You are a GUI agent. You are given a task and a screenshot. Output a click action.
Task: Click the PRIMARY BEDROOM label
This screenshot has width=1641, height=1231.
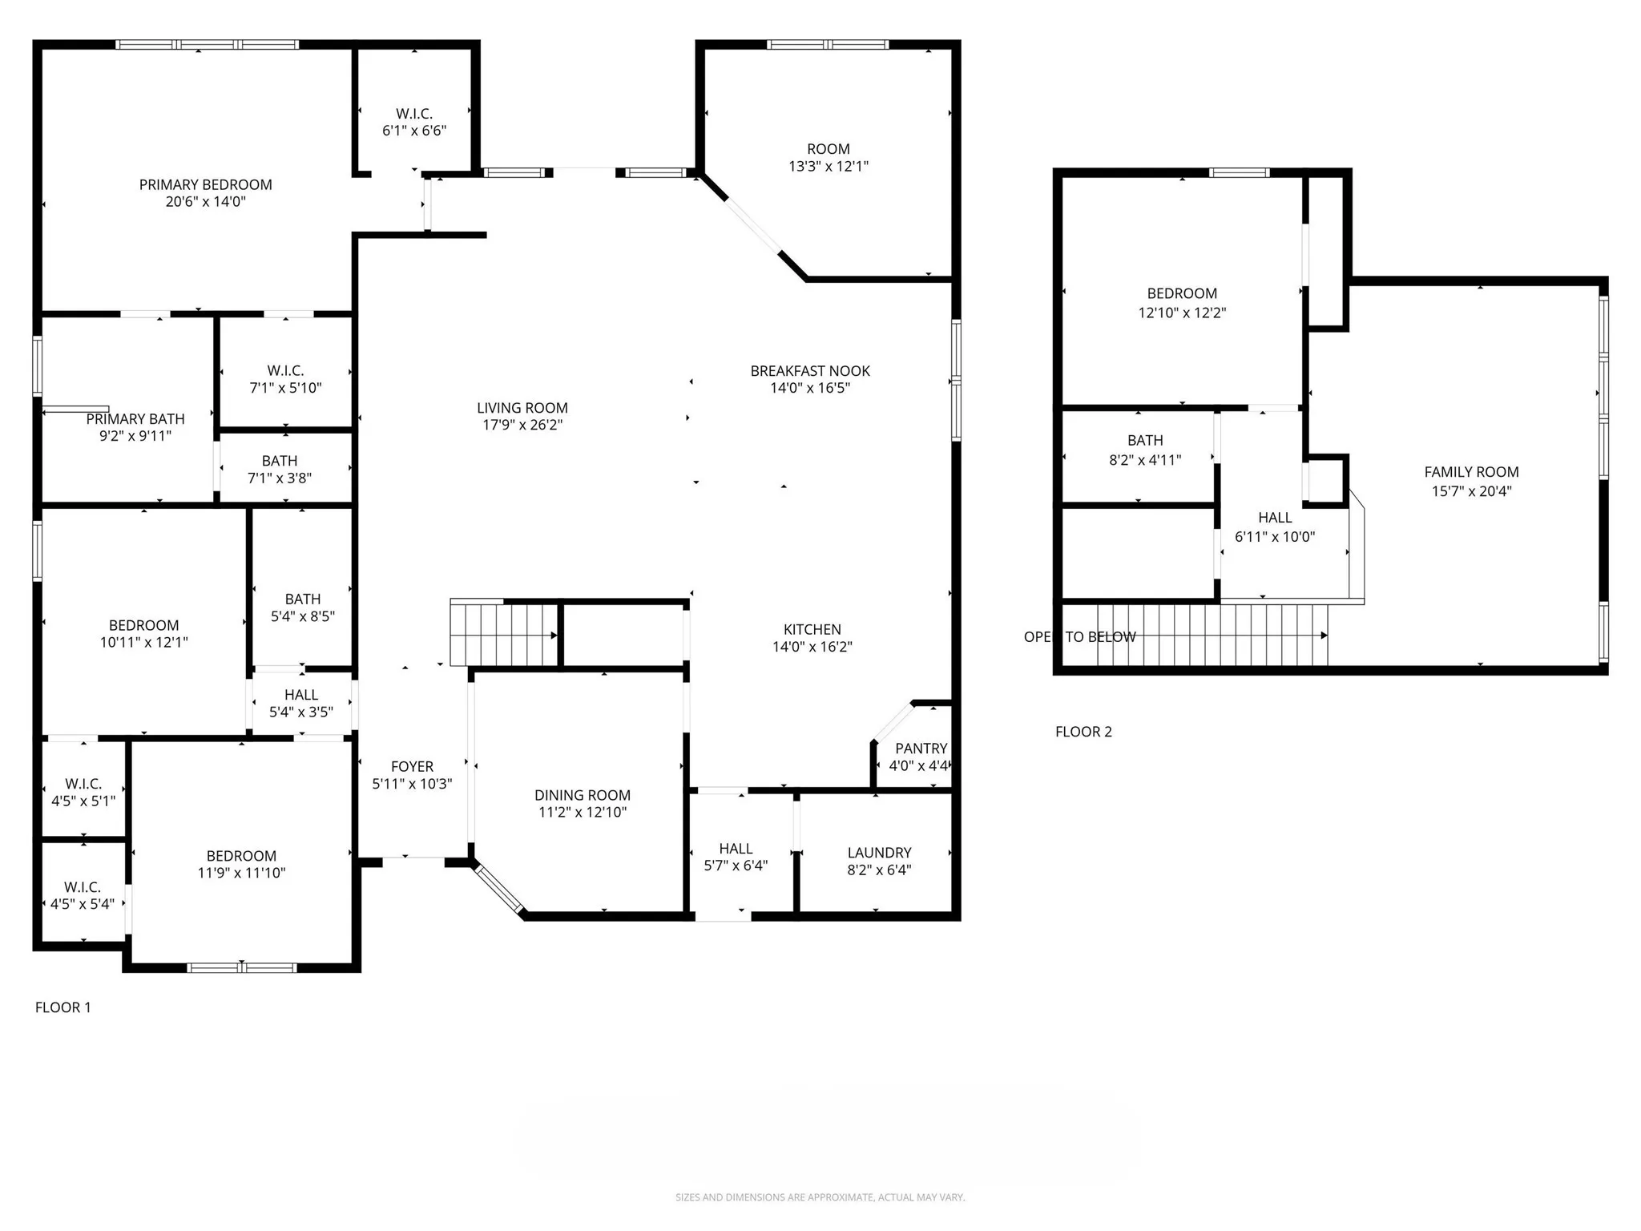[206, 184]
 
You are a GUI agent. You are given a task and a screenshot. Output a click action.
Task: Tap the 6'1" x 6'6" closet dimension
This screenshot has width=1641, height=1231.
[414, 131]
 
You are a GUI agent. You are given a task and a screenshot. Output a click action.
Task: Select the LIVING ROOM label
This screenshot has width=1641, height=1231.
[522, 408]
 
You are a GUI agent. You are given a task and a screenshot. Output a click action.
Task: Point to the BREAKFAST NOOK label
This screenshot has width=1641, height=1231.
[810, 371]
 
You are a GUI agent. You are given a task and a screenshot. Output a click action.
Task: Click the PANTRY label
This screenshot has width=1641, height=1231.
[921, 749]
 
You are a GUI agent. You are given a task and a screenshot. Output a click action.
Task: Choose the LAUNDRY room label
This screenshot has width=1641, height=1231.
[879, 853]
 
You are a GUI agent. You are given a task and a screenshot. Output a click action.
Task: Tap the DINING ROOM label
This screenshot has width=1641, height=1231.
[583, 795]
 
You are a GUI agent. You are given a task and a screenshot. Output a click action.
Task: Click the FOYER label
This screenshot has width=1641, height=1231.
[412, 767]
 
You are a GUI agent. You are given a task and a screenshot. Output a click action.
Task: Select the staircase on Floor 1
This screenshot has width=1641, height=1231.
[503, 634]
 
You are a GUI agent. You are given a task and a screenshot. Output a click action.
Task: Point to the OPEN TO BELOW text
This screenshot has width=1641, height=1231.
[1079, 637]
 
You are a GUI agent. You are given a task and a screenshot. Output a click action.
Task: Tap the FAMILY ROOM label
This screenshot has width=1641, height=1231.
[1471, 472]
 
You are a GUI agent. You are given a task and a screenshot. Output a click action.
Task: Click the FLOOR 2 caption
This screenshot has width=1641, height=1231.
[1083, 732]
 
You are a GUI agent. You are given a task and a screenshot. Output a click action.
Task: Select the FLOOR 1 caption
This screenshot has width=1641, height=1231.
[63, 1007]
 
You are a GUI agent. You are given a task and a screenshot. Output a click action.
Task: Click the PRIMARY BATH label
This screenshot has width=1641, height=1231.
[135, 419]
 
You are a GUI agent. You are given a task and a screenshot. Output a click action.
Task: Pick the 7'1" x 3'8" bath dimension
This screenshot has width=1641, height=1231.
[280, 478]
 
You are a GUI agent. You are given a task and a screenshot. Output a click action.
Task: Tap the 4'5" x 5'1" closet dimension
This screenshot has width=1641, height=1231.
[83, 801]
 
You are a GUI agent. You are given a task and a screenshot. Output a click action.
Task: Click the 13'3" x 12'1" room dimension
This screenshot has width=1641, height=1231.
[829, 167]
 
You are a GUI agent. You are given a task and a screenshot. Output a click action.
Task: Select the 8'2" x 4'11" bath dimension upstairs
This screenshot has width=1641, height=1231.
[1145, 460]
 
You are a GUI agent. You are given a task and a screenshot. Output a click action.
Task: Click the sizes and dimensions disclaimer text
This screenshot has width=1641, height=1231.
[820, 1197]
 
